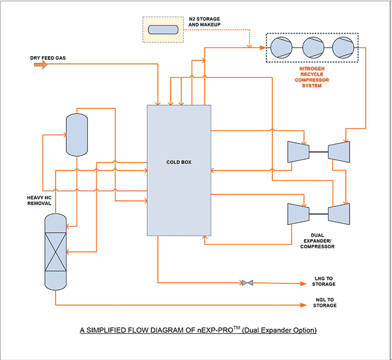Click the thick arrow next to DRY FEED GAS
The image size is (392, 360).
coord(40,65)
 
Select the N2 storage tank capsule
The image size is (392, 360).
coord(163,29)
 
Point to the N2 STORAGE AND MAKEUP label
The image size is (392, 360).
coord(205,22)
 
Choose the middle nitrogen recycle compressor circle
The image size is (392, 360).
coord(312,47)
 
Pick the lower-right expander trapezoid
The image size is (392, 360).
coord(338,213)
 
